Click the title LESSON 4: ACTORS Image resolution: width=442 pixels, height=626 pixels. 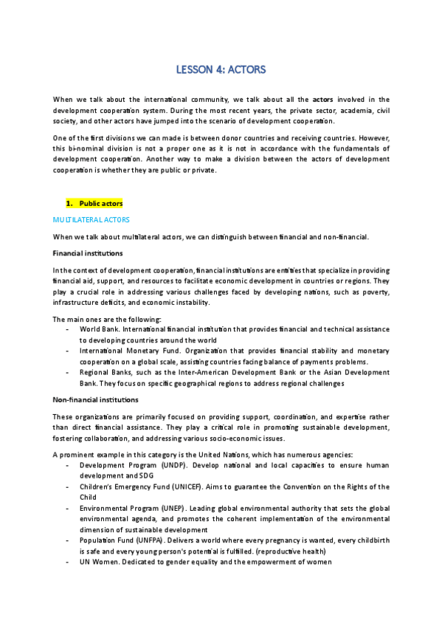221,70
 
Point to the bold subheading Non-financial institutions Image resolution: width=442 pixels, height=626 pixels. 95,399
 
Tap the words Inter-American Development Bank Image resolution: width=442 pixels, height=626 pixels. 241,373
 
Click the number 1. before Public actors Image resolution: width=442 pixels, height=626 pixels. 70,203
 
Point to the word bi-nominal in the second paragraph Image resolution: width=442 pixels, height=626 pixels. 88,148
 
